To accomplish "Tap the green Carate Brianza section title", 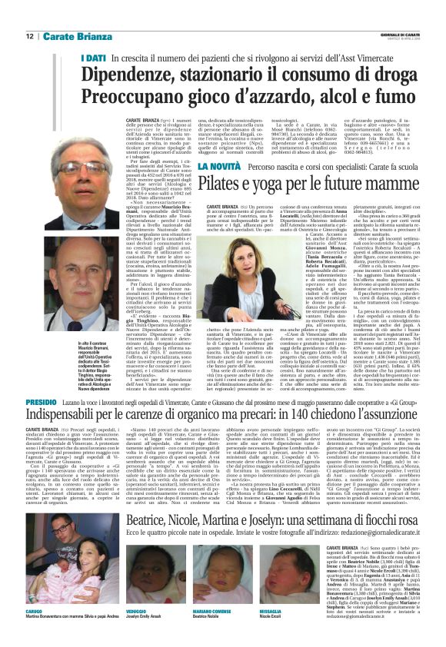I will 72,36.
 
